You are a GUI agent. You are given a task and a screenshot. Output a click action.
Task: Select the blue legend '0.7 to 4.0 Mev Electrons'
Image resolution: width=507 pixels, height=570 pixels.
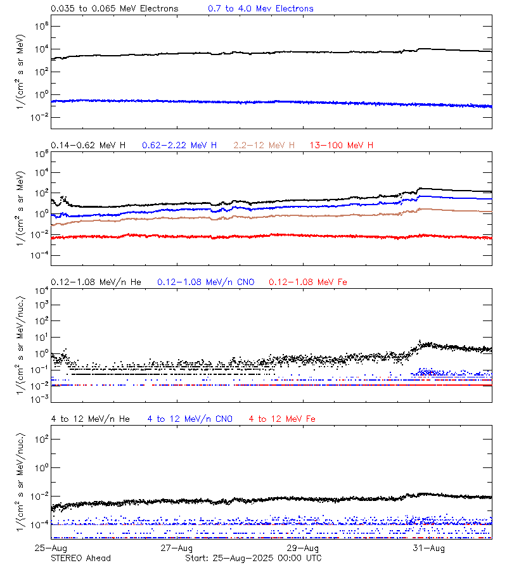[x=260, y=9]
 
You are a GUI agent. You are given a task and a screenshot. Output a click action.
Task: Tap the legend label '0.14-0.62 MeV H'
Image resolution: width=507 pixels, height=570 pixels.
[x=88, y=146]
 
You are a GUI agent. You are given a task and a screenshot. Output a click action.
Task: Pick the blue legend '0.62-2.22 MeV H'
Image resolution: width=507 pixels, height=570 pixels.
[x=179, y=146]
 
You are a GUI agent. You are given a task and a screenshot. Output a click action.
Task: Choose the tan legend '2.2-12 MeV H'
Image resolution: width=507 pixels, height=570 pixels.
[x=264, y=146]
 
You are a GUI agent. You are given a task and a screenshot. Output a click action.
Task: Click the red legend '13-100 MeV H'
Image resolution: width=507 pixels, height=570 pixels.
[x=342, y=146]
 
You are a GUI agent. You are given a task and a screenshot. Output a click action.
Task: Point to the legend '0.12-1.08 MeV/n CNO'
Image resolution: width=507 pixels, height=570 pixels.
[x=206, y=282]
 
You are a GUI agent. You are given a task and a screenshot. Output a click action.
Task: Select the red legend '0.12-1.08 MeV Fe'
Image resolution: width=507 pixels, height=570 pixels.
[x=308, y=282]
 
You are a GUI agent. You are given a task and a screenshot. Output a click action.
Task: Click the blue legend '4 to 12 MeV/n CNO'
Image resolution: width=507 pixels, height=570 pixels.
[x=190, y=419]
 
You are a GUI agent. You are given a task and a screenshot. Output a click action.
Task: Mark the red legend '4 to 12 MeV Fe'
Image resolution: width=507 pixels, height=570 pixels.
[x=282, y=419]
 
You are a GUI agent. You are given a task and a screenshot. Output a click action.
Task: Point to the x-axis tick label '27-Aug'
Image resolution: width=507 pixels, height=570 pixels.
[x=176, y=548]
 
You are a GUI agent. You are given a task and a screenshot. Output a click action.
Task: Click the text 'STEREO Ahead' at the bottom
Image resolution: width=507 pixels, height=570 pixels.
[x=80, y=558]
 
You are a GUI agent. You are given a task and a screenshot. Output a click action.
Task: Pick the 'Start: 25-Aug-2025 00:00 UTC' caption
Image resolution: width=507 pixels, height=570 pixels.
[x=253, y=558]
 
